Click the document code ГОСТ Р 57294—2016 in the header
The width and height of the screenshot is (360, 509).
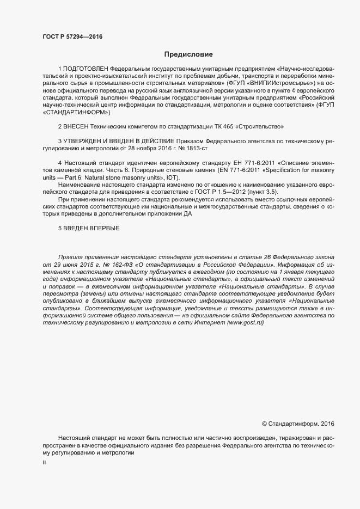[x=72, y=36]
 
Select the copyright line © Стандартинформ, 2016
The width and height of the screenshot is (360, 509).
[x=298, y=423]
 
